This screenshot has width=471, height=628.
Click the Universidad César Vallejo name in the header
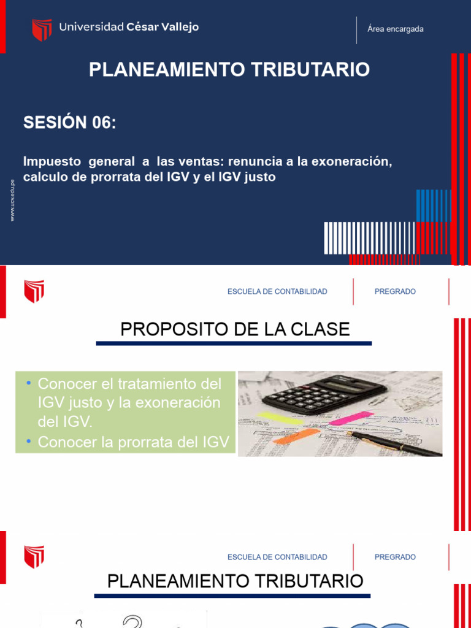pos(129,28)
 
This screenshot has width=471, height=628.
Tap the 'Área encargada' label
pos(395,29)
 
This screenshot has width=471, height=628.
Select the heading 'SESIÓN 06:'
pos(69,123)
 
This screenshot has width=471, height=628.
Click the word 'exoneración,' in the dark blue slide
pos(351,162)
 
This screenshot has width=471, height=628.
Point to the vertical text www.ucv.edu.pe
pos(13,200)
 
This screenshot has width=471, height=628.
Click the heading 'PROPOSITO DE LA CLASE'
pos(235,329)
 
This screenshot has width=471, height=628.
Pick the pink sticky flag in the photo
pos(351,418)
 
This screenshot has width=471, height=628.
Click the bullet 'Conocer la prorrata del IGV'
pos(133,442)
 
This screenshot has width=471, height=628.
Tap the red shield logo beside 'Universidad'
pos(42,29)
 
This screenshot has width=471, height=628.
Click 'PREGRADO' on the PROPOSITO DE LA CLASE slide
pos(395,291)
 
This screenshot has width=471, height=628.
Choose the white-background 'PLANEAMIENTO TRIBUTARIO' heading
pos(235,581)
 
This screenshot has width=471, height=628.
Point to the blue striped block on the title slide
pos(434,205)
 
